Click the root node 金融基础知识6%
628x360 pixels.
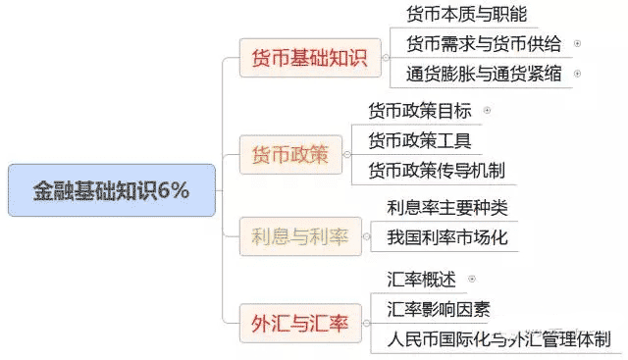(x=111, y=190)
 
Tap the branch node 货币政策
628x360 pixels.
(x=290, y=154)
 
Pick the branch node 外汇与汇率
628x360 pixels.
(x=300, y=322)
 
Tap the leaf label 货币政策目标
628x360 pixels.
(x=419, y=111)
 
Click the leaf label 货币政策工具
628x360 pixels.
(x=419, y=140)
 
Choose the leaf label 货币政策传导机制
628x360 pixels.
(x=437, y=170)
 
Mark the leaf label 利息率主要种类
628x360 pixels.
(x=447, y=207)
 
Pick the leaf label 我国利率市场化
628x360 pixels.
(x=447, y=236)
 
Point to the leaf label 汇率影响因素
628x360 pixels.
(x=439, y=310)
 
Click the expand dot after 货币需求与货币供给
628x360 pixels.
(x=577, y=44)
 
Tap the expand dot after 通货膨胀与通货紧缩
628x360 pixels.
(x=577, y=74)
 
